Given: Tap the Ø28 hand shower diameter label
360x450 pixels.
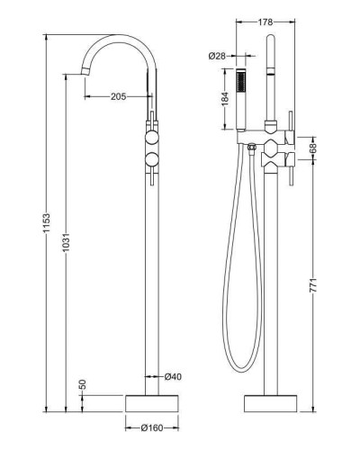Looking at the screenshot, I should click(x=216, y=57).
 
